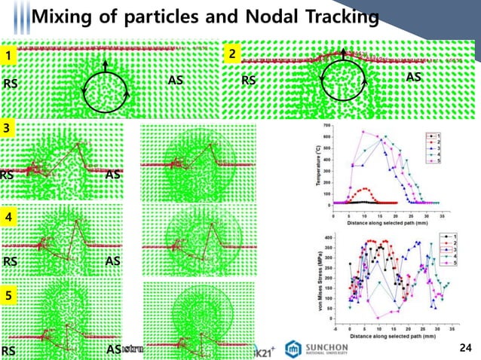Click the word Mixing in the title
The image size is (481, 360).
[66, 16]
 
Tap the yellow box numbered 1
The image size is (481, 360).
[8, 55]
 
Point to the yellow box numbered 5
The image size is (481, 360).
[8, 297]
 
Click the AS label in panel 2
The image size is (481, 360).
[413, 77]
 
